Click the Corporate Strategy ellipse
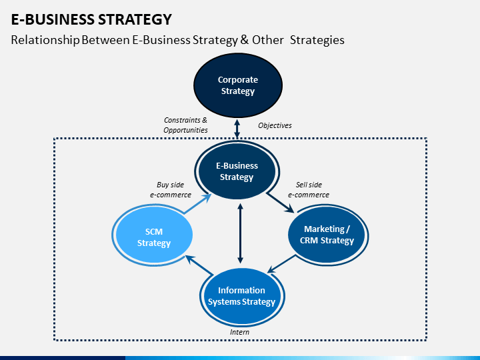[x=238, y=85]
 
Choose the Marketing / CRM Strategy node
[x=327, y=235]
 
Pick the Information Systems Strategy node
[x=242, y=296]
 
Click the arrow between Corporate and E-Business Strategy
[x=237, y=129]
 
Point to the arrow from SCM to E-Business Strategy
[x=198, y=203]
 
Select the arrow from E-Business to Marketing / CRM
[x=281, y=203]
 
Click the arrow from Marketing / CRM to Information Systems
[x=281, y=263]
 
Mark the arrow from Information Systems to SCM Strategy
[x=199, y=265]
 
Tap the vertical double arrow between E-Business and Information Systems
[x=240, y=233]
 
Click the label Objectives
[x=275, y=125]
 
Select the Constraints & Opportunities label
[x=185, y=125]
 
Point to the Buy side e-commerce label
[x=171, y=190]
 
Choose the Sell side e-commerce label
[x=309, y=190]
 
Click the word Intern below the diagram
[x=240, y=332]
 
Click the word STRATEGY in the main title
[x=135, y=19]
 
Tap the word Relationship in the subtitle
[x=45, y=40]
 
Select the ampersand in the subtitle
[x=245, y=40]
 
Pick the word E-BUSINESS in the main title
[x=53, y=19]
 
